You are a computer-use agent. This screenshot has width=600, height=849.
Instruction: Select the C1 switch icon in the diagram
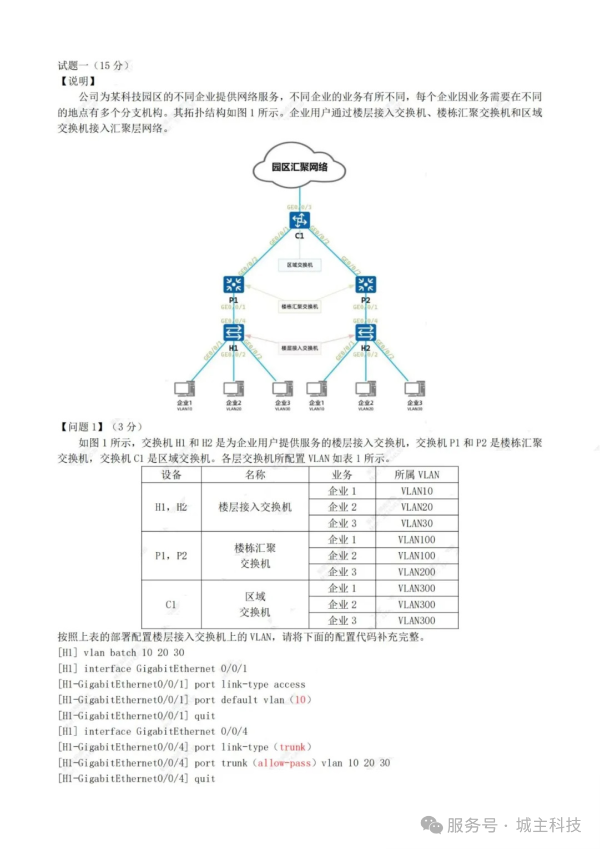300,221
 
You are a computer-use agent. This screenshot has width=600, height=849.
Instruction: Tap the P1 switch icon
234,284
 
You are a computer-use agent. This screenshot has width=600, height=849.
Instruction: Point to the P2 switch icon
366,284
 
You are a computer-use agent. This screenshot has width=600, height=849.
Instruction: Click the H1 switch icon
234,332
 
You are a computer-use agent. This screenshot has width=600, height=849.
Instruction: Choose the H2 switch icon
366,332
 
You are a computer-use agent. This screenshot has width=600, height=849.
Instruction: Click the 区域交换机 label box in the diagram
300,265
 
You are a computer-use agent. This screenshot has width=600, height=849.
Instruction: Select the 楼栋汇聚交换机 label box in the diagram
300,306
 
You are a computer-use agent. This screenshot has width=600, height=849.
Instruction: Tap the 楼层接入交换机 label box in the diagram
300,348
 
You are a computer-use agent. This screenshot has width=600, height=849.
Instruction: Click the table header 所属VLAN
417,475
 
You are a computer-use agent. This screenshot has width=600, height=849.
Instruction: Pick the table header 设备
171,475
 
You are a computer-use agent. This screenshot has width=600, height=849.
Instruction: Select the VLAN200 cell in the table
417,572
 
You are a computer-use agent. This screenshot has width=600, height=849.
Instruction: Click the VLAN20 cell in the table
417,507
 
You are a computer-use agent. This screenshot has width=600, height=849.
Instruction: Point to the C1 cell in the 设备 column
171,605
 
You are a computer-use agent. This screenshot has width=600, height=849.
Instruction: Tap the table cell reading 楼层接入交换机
255,507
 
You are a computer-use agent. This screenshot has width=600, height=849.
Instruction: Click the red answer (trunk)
293,747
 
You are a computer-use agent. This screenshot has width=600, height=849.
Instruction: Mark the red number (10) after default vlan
300,700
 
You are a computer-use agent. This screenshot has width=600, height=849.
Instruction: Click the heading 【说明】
78,81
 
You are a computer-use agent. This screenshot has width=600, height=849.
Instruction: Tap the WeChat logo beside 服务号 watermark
431,825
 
